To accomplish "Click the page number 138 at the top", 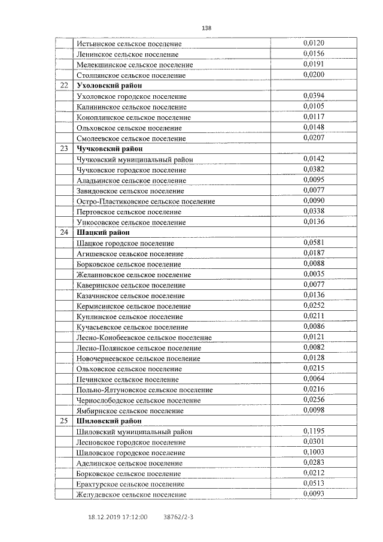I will (207, 28).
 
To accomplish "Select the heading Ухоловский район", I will (108, 86).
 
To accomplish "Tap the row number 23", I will (64, 149).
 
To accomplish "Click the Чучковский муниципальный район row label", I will (135, 159).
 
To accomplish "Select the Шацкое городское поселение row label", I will (125, 243).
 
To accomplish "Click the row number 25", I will (64, 421).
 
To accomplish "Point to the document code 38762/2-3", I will (178, 516).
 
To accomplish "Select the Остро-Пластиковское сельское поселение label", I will (146, 201).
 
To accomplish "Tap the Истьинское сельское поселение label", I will (129, 44).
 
